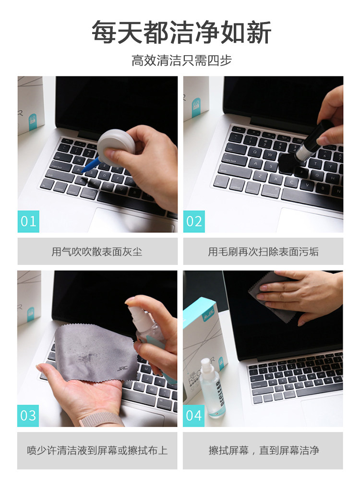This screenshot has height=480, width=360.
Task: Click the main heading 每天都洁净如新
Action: [x=181, y=32]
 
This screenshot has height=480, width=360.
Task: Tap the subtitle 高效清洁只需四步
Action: [x=181, y=60]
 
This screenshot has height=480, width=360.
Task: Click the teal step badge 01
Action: [x=28, y=221]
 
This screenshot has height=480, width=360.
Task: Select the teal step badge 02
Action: [x=194, y=221]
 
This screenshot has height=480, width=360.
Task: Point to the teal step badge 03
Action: [x=28, y=416]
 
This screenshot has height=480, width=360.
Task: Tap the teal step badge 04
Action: [x=194, y=416]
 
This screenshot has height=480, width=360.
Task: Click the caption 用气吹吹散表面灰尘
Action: [x=97, y=252]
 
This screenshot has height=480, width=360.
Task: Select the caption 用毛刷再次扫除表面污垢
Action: [x=263, y=252]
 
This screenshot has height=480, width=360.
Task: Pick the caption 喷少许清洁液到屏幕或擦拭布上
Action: [x=97, y=450]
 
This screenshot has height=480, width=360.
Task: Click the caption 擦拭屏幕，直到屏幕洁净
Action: [x=264, y=450]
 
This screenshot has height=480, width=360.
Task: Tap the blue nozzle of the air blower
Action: [x=91, y=165]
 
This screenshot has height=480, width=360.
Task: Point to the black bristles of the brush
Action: [x=288, y=162]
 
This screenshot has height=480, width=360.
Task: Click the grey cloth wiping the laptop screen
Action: [x=269, y=295]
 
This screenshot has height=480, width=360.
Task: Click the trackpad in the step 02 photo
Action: [x=309, y=220]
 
